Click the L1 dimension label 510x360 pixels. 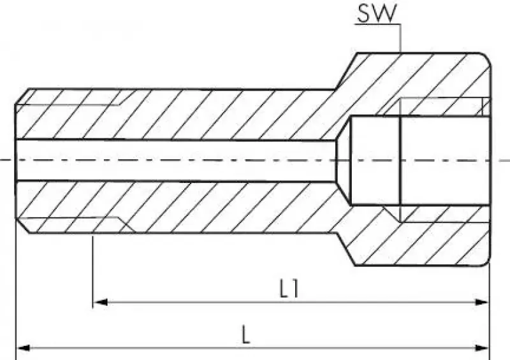[x=290, y=289]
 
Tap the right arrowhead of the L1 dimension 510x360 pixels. [x=483, y=303]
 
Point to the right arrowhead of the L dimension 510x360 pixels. [x=483, y=348]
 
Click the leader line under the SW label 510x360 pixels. [x=400, y=38]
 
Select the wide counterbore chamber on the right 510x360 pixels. [x=421, y=160]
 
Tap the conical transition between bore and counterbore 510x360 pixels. [x=344, y=160]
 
